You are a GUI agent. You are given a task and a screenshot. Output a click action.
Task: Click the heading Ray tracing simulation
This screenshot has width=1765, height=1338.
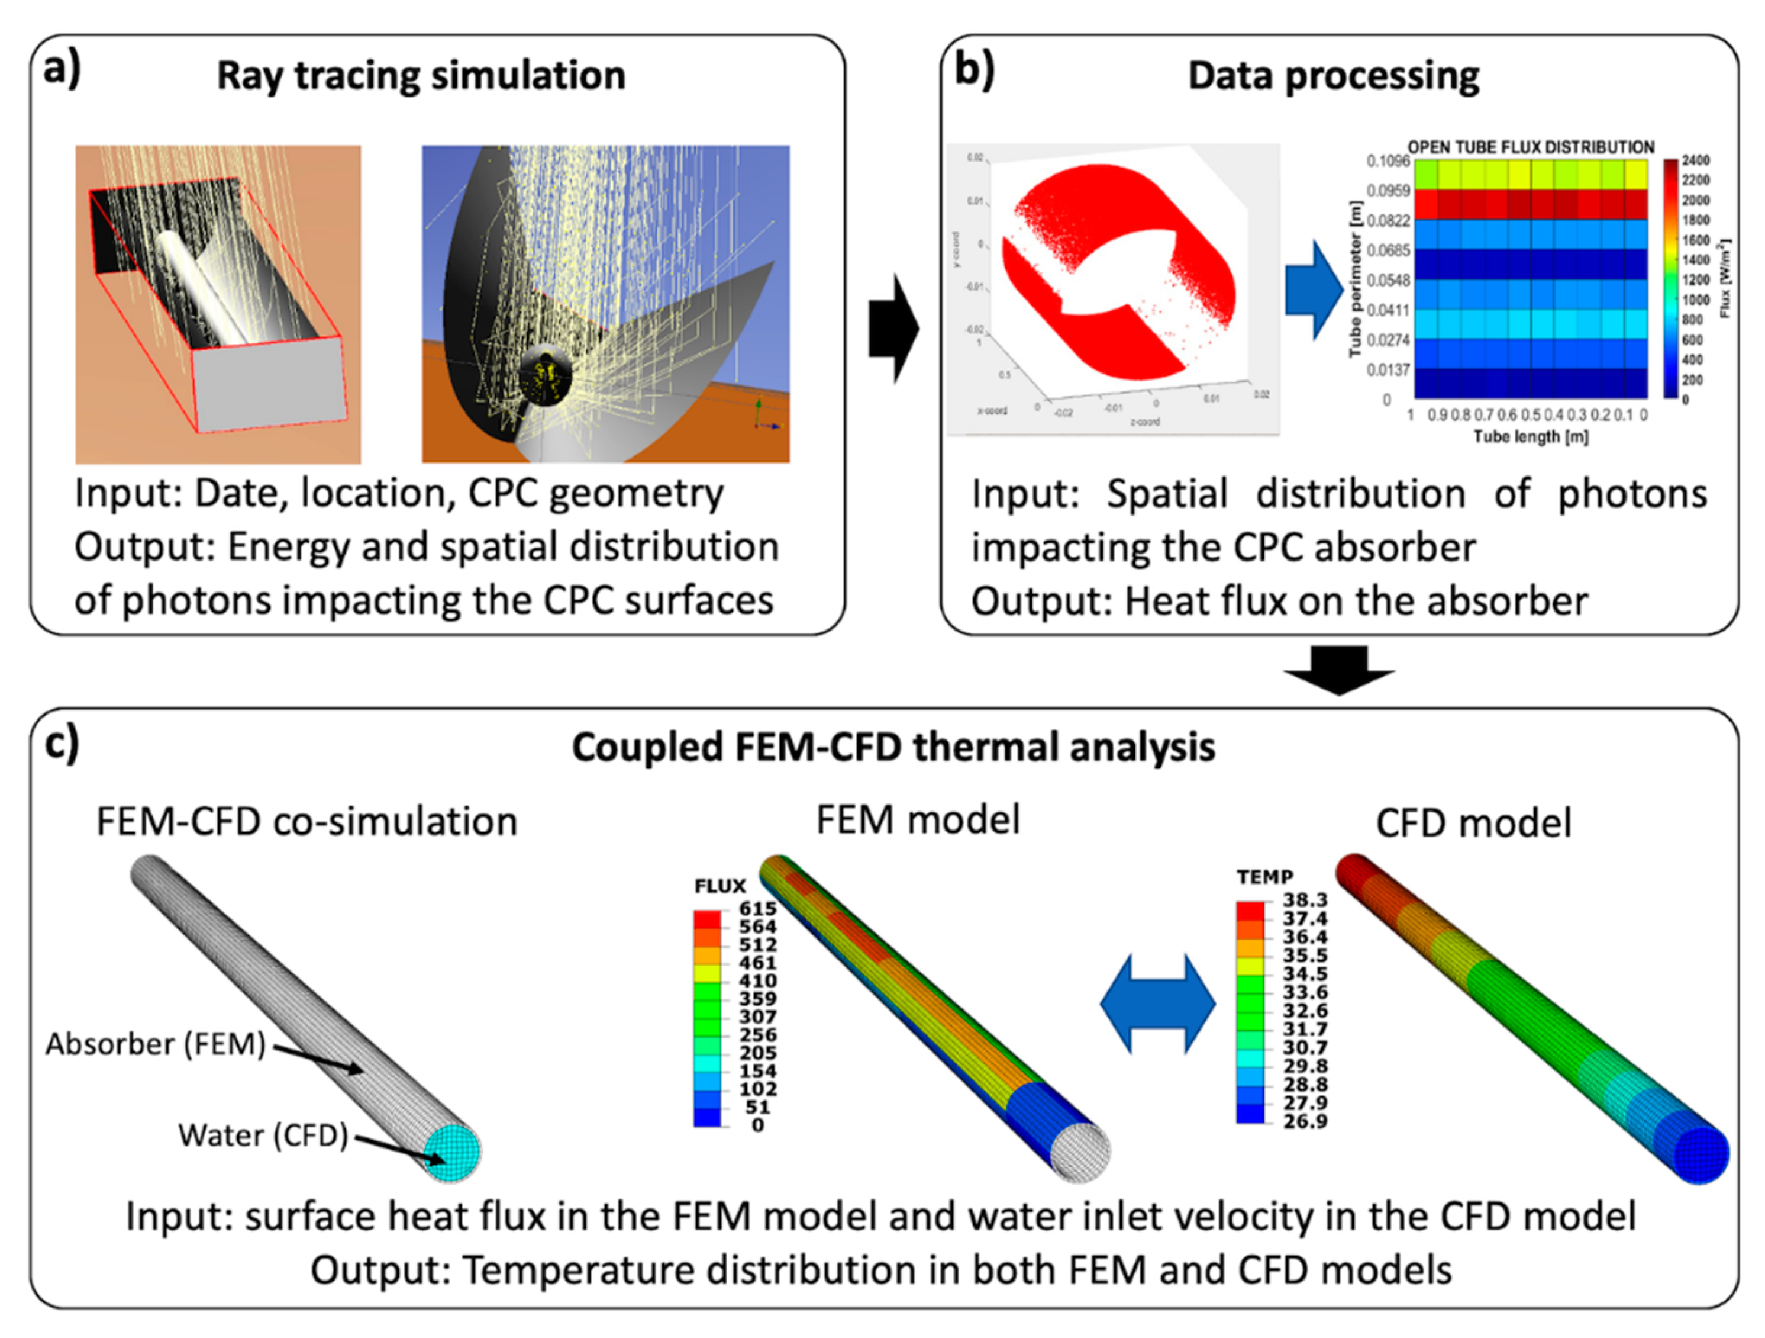[x=421, y=76]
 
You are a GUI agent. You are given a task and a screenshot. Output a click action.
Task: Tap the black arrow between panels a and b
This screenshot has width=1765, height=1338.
[x=893, y=328]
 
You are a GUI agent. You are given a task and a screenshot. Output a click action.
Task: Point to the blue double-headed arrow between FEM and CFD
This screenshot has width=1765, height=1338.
[x=1158, y=1004]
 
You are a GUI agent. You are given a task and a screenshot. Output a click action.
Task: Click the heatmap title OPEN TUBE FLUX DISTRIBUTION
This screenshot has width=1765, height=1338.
[x=1531, y=147]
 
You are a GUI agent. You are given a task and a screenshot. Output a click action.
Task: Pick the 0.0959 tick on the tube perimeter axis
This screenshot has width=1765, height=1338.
[x=1388, y=191]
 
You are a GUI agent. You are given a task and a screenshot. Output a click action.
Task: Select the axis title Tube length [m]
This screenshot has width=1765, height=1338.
[x=1531, y=437]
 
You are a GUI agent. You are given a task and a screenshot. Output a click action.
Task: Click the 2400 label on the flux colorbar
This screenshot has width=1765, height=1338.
[x=1696, y=160]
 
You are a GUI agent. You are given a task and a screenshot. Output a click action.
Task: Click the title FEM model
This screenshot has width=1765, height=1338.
[x=918, y=820]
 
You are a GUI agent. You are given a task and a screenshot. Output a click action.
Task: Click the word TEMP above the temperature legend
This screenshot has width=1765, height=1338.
[x=1264, y=877]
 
